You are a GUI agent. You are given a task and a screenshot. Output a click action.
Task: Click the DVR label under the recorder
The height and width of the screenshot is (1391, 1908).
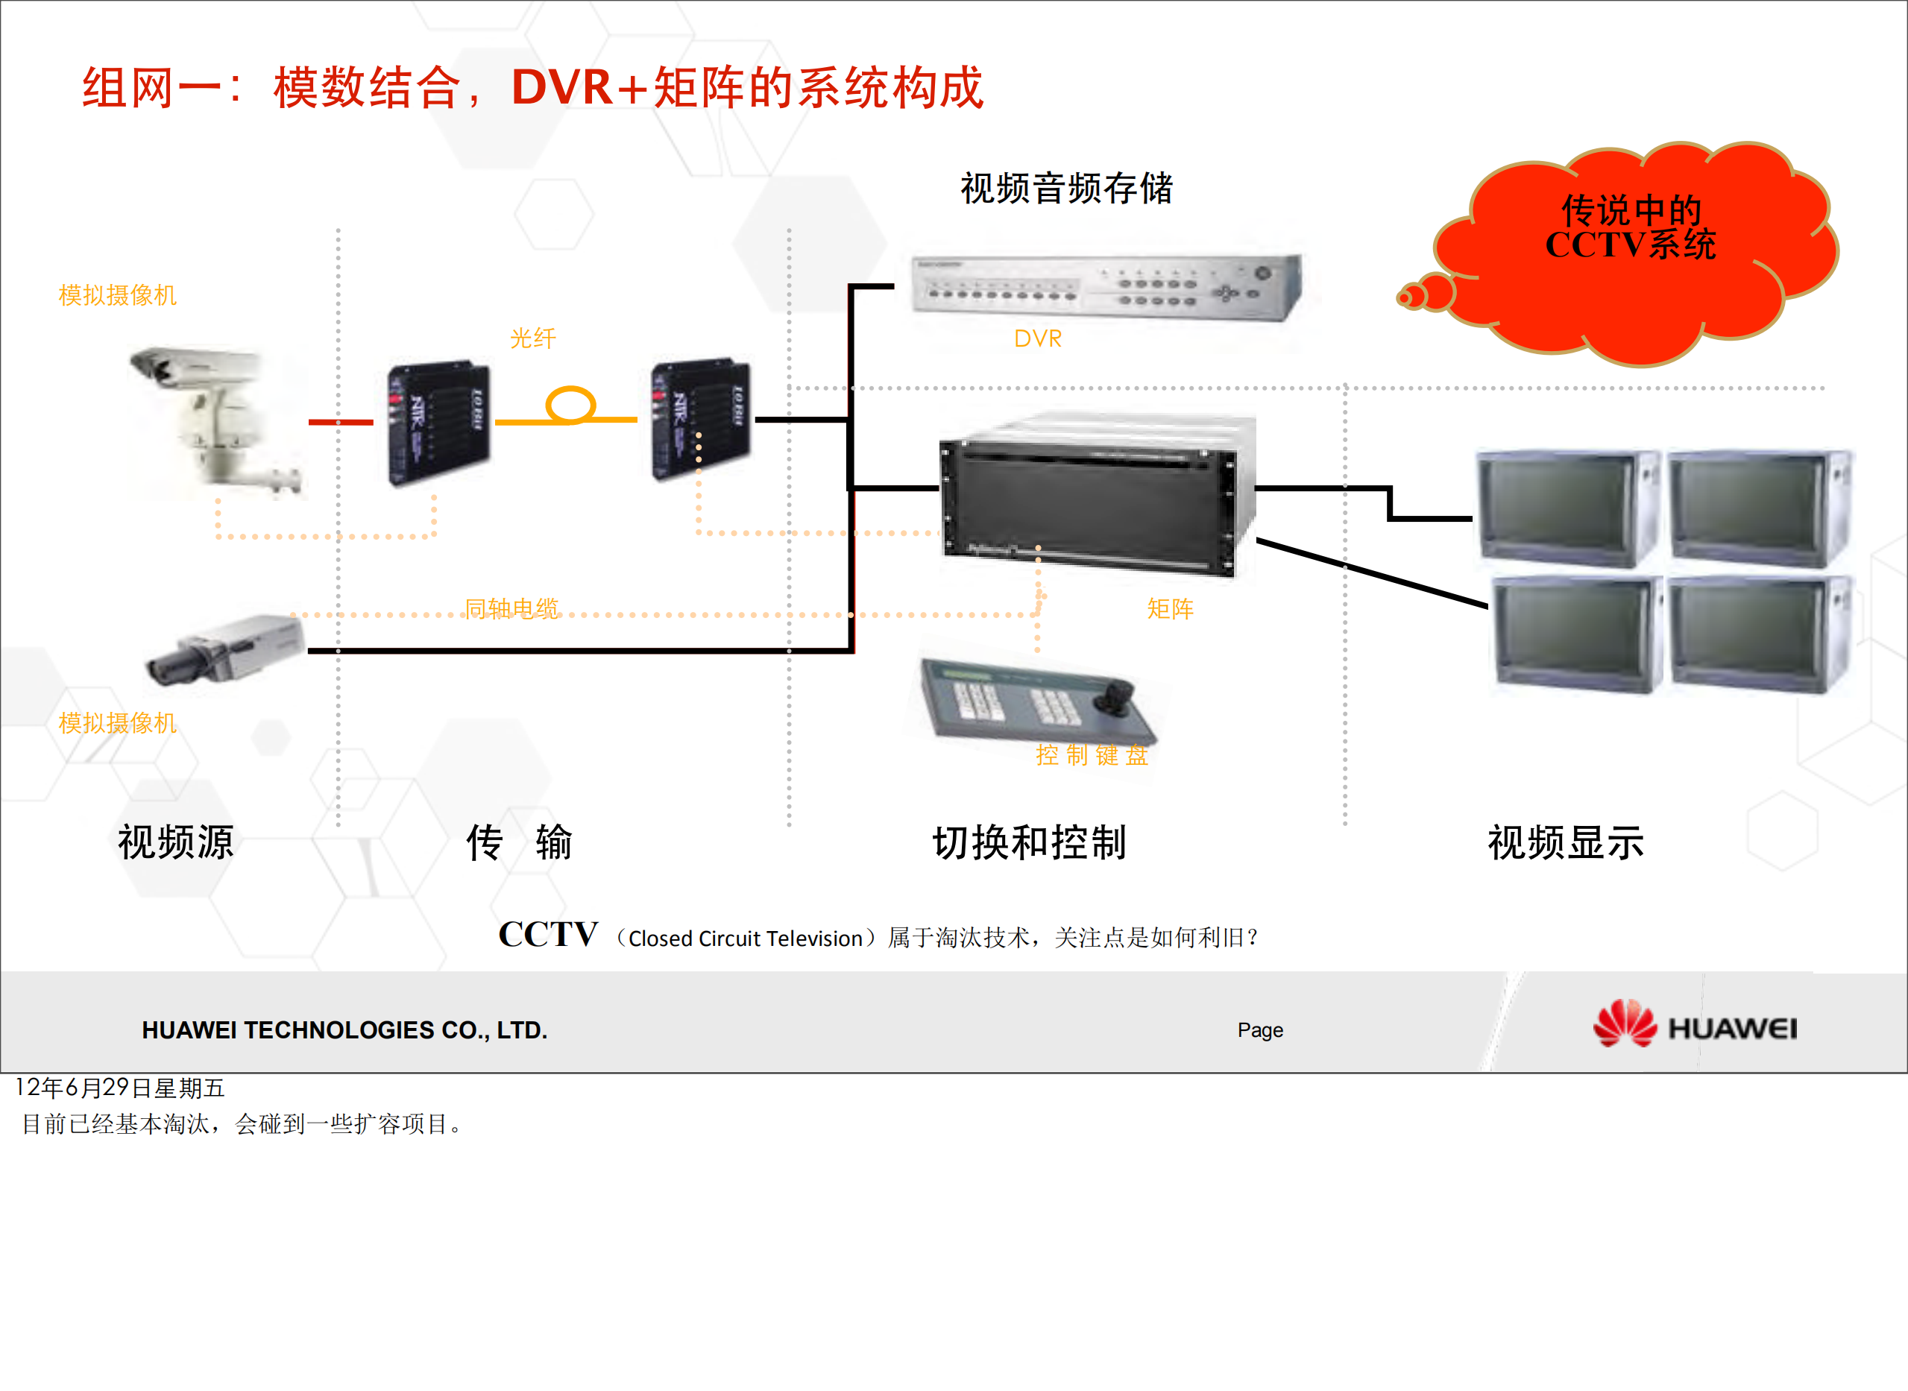click(x=1037, y=338)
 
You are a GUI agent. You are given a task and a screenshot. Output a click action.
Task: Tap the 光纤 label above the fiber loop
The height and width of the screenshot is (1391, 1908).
click(x=533, y=338)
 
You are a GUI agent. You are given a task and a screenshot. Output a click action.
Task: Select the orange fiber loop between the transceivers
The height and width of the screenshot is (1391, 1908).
click(x=571, y=404)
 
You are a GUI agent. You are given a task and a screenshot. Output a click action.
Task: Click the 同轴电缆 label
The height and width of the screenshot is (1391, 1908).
click(x=511, y=608)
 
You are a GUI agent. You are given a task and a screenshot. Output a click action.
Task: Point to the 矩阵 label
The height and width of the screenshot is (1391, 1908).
click(x=1170, y=608)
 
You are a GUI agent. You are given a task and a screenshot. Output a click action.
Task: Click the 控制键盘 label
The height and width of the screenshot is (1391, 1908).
click(x=1092, y=754)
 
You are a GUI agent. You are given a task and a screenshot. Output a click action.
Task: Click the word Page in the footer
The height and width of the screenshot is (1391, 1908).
click(x=1259, y=1029)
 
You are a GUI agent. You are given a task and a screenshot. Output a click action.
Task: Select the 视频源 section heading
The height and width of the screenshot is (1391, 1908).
click(x=175, y=842)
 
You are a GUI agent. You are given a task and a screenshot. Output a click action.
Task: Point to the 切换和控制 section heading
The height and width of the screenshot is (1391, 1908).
click(x=1029, y=842)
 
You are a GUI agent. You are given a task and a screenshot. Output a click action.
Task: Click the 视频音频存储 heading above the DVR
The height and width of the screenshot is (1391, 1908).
click(x=1066, y=188)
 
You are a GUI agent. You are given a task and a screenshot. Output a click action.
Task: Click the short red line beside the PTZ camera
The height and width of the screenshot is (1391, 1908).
click(x=340, y=422)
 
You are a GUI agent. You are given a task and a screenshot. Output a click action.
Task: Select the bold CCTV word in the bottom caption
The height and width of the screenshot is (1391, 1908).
click(x=548, y=934)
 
